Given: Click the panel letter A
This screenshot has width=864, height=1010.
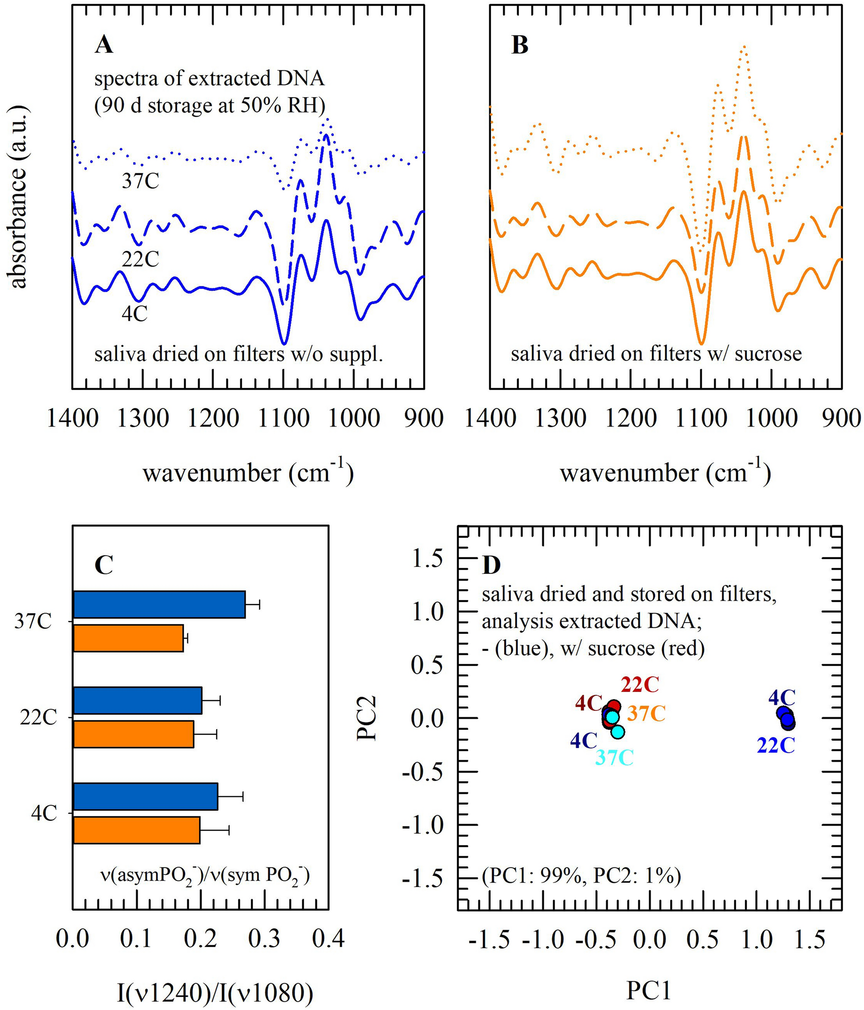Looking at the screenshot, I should pyautogui.click(x=104, y=45).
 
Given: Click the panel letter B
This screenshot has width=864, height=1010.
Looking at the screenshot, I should pyautogui.click(x=520, y=45).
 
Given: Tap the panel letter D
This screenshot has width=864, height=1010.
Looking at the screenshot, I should pyautogui.click(x=492, y=565).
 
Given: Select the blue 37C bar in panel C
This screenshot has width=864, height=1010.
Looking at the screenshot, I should pyautogui.click(x=159, y=605).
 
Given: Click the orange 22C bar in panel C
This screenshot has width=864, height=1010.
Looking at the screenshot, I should pyautogui.click(x=133, y=734).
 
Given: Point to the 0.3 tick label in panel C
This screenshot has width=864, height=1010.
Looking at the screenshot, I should pyautogui.click(x=264, y=939).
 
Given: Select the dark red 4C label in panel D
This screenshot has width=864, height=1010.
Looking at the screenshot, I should pyautogui.click(x=589, y=703).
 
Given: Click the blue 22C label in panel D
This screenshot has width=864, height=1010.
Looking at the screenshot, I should pyautogui.click(x=776, y=746).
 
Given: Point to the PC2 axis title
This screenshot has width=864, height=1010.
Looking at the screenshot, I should pyautogui.click(x=367, y=718).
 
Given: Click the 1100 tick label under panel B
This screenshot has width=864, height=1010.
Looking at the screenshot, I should pyautogui.click(x=701, y=419).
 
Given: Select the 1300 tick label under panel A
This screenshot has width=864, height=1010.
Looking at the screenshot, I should pyautogui.click(x=143, y=419).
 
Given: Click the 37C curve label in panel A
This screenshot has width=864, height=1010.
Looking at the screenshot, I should pyautogui.click(x=141, y=182).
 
